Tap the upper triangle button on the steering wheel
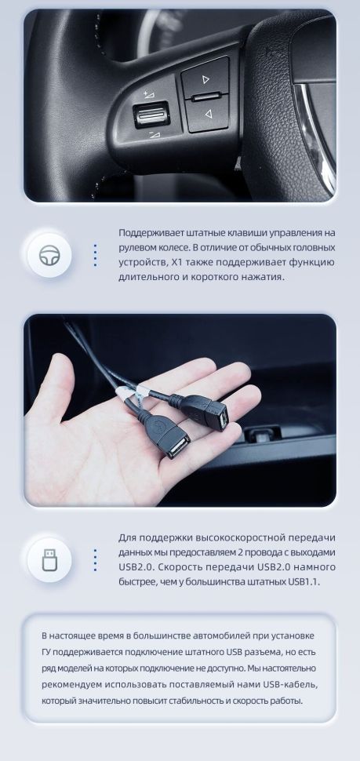pyautogui.click(x=205, y=79)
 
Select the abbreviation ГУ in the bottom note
pyautogui.click(x=48, y=650)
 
